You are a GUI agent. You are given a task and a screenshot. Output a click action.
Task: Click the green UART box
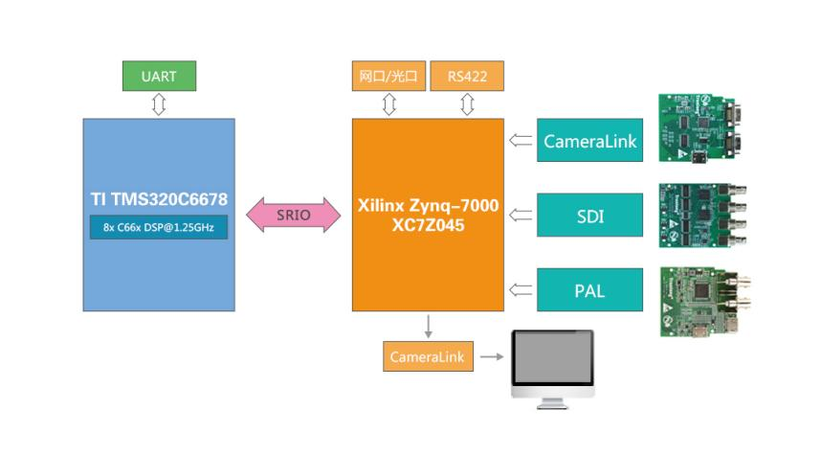tap(159, 76)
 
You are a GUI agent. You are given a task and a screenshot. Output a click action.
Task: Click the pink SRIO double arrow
tap(294, 215)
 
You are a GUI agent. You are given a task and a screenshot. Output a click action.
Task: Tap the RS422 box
tap(466, 76)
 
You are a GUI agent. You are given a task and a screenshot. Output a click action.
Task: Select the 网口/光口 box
tap(388, 76)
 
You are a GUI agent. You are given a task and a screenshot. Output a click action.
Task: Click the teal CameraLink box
tap(589, 141)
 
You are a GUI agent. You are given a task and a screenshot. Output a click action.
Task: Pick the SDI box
tap(589, 215)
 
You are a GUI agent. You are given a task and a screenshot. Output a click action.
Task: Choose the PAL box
tap(589, 289)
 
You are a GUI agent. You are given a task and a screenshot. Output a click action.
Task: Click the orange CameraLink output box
tap(428, 357)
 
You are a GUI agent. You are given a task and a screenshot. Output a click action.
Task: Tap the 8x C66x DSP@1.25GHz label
tap(159, 227)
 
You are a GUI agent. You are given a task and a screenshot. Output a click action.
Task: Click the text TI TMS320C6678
tap(159, 199)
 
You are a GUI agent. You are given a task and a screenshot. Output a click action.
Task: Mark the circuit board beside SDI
tap(702, 215)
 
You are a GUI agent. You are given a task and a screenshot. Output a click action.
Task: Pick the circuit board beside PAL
tap(702, 301)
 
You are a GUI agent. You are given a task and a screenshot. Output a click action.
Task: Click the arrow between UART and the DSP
tap(159, 104)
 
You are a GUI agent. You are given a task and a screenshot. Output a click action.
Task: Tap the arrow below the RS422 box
tap(467, 104)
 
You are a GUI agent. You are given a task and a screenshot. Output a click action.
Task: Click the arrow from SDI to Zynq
tap(521, 215)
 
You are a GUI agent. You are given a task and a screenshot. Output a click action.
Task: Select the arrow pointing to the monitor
tap(492, 357)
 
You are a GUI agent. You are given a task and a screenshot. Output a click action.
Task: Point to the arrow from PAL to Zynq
tap(521, 289)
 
